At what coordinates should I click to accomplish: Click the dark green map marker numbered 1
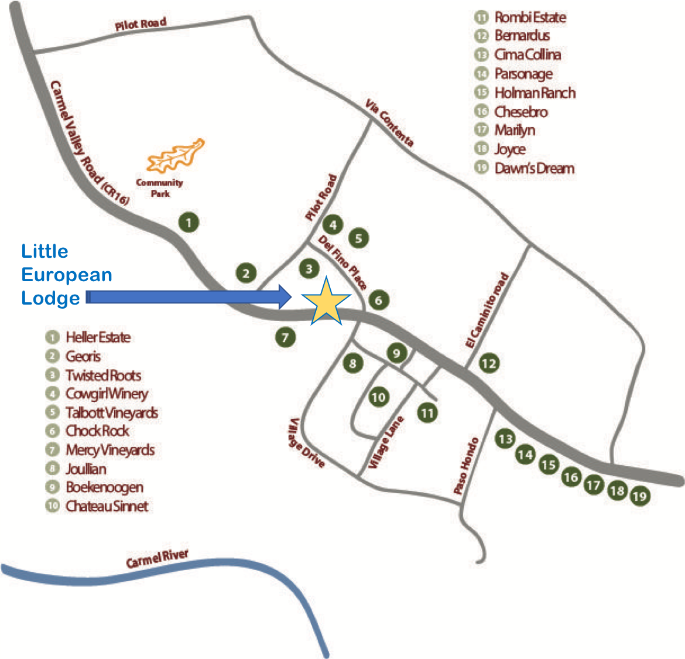(189, 223)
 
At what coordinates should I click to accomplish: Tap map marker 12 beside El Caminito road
(488, 364)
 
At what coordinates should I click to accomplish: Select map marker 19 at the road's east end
(640, 497)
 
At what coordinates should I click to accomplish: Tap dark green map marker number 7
(285, 337)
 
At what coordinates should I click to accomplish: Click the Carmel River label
(157, 558)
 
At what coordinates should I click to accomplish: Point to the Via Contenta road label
(389, 123)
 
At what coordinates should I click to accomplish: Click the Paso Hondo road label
(466, 466)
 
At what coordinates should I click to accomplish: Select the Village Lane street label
(386, 442)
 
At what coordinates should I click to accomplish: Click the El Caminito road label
(487, 311)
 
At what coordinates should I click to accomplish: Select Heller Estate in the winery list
(98, 337)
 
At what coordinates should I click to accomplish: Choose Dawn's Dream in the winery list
(534, 169)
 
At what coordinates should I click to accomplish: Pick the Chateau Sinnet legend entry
(107, 506)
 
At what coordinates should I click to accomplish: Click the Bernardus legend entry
(522, 36)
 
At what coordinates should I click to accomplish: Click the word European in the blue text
(67, 275)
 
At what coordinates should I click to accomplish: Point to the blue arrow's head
(285, 297)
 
